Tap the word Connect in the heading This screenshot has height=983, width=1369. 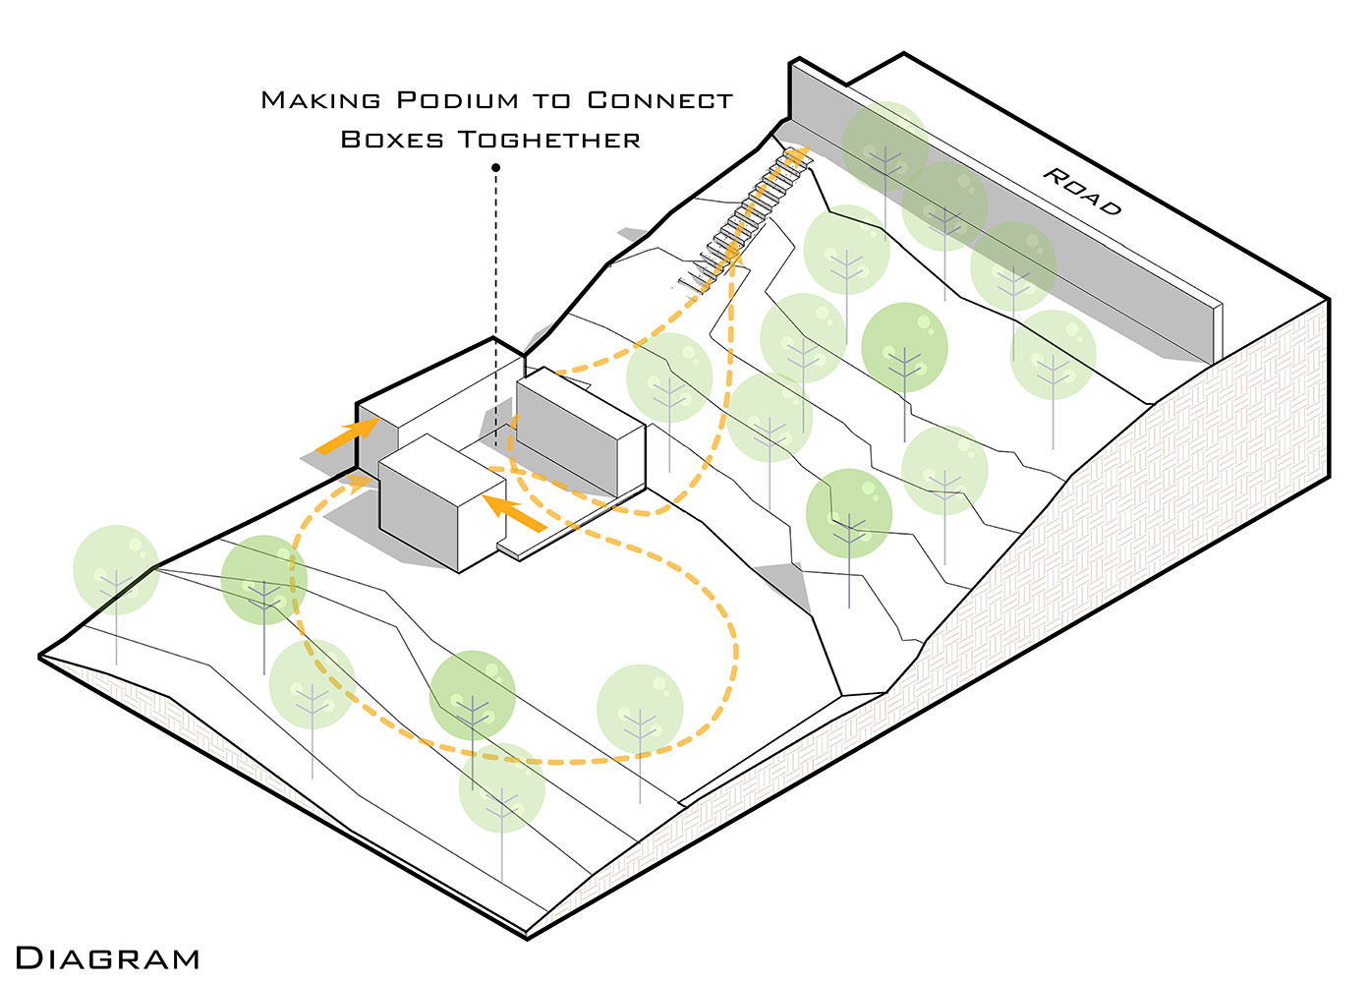click(659, 100)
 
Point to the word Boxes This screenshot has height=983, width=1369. click(391, 140)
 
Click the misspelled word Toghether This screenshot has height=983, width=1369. click(548, 140)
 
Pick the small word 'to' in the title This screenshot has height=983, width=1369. click(551, 101)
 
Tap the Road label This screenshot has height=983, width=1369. click(1082, 191)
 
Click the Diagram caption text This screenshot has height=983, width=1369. click(107, 958)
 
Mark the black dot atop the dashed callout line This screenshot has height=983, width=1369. click(496, 168)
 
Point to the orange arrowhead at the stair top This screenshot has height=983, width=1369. click(800, 153)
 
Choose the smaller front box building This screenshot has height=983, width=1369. click(432, 501)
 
